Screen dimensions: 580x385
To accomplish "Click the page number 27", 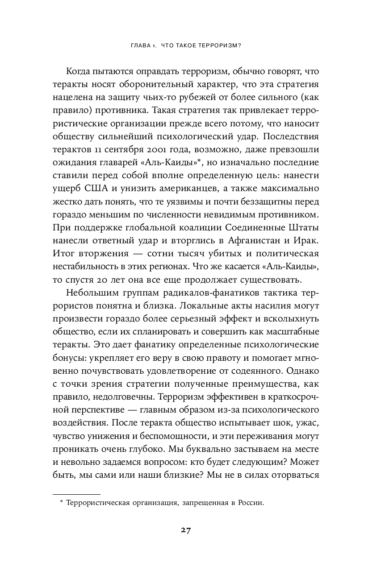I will pos(186,530).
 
